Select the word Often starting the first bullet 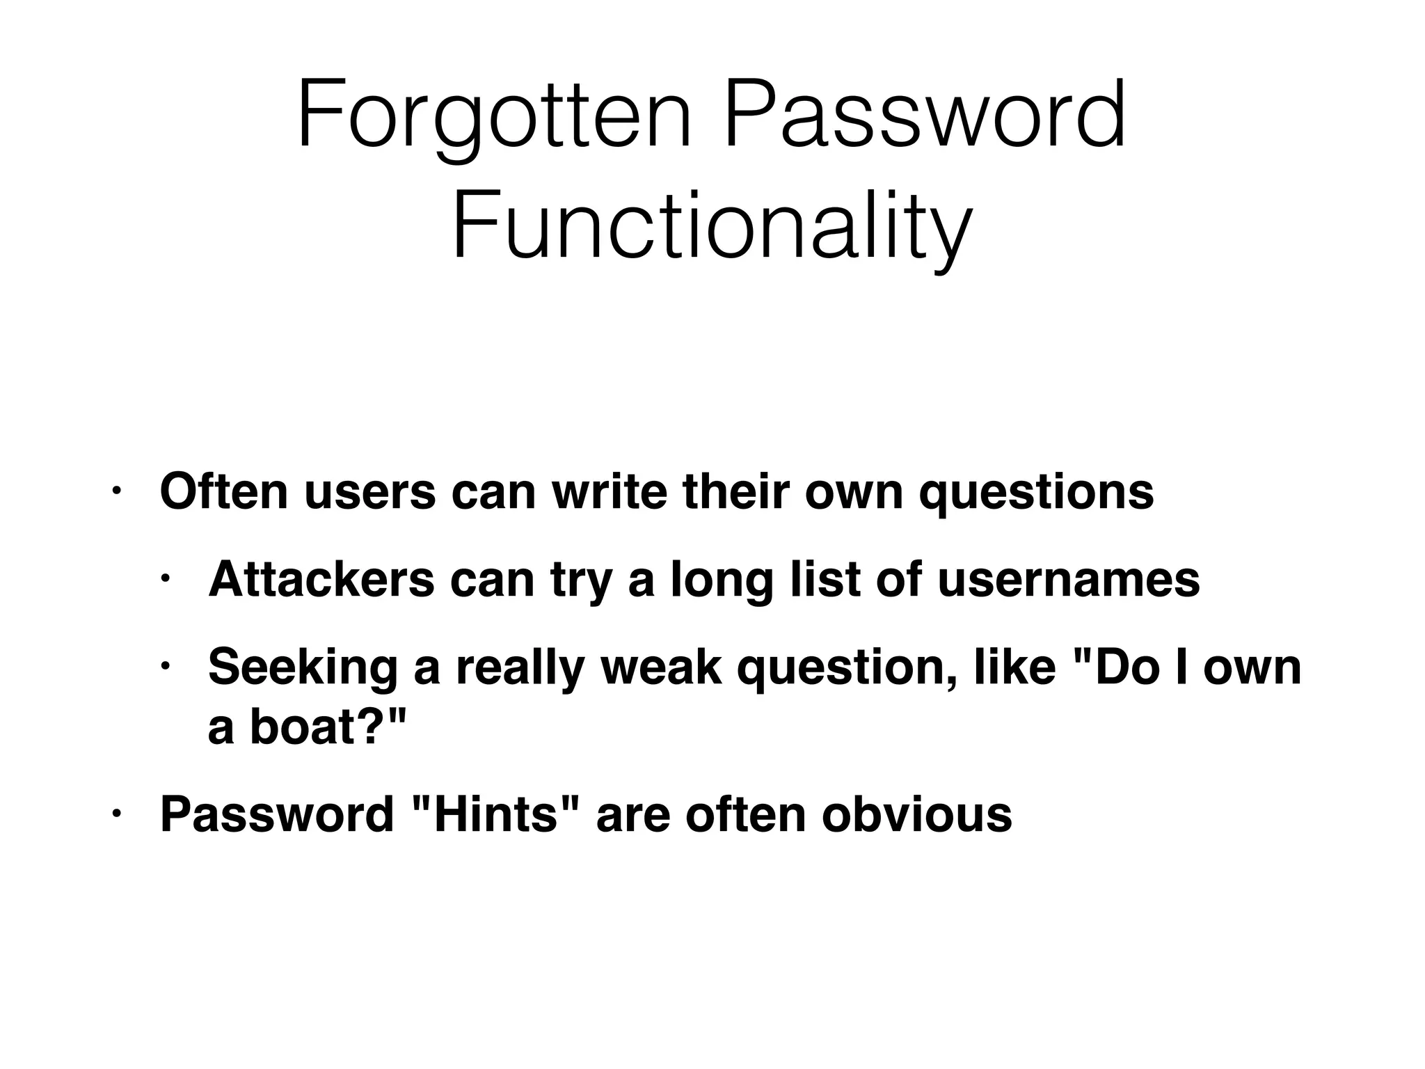click(223, 491)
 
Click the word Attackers click(321, 579)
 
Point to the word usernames click(1069, 579)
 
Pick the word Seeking click(303, 667)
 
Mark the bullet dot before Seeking click(165, 667)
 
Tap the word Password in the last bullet click(277, 814)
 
